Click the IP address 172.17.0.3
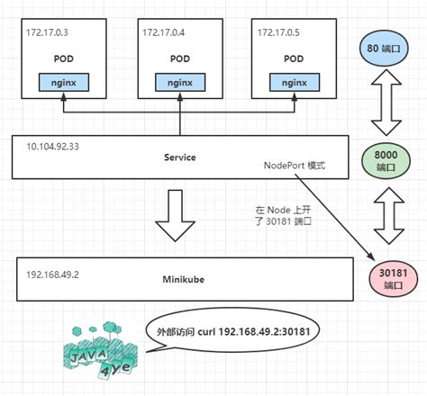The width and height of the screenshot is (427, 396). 47,32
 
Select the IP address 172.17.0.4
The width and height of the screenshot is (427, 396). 163,32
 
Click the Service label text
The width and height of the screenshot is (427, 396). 180,157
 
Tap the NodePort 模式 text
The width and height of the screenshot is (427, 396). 294,166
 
